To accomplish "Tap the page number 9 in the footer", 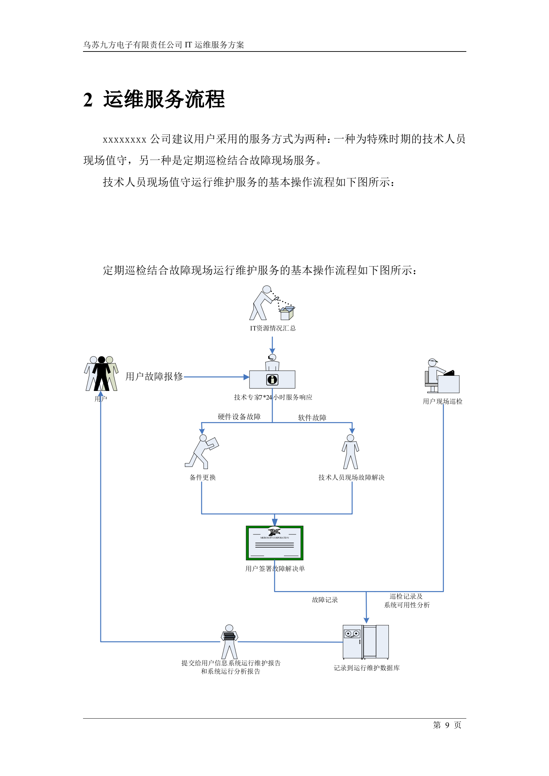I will [x=447, y=725].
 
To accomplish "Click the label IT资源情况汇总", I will [x=273, y=328].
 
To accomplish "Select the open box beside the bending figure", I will [x=287, y=313].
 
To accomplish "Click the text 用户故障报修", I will [x=154, y=376].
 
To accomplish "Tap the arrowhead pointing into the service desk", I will [x=246, y=377].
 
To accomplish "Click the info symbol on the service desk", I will [x=272, y=380].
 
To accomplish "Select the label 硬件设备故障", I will [x=239, y=417].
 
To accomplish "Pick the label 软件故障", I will [x=312, y=418].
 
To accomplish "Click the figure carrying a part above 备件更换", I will [x=202, y=451].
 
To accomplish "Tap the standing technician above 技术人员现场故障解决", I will [x=350, y=451].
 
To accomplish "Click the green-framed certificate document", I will [x=274, y=543].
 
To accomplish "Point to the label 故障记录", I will [x=325, y=600].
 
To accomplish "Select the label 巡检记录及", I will [x=406, y=596].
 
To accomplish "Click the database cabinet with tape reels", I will [x=365, y=642].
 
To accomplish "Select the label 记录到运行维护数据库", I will [x=366, y=668].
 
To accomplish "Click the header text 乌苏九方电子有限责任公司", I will [x=132, y=45].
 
